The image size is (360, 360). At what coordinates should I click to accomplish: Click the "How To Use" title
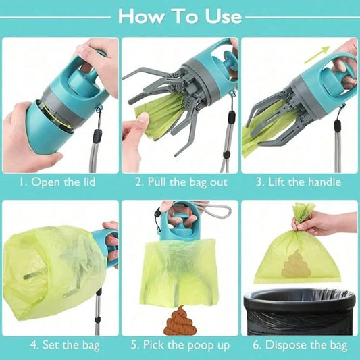point(180,16)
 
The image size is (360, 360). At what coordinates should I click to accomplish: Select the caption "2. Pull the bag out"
point(180,182)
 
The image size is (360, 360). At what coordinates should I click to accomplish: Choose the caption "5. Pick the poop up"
point(180,345)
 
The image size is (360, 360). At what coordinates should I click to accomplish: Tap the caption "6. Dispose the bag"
point(300,345)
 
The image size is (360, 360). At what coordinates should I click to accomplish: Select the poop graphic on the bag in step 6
point(294,263)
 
